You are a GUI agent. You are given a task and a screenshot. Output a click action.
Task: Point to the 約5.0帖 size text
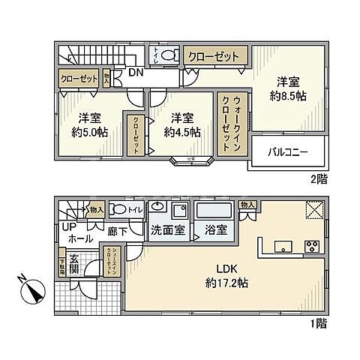(90, 130)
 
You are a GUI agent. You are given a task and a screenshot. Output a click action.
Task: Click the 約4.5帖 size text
(182, 130)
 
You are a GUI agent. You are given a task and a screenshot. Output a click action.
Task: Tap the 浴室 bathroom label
(216, 229)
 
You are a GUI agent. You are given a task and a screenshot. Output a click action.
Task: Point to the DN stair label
(136, 73)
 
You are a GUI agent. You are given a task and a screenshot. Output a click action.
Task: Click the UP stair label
(70, 226)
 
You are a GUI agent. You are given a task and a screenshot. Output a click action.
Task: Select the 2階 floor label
(319, 179)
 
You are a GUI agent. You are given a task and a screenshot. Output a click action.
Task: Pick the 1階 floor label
(319, 323)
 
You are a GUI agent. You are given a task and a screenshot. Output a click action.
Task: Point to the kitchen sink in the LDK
(283, 245)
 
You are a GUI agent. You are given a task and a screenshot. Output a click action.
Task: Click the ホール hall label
(75, 238)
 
